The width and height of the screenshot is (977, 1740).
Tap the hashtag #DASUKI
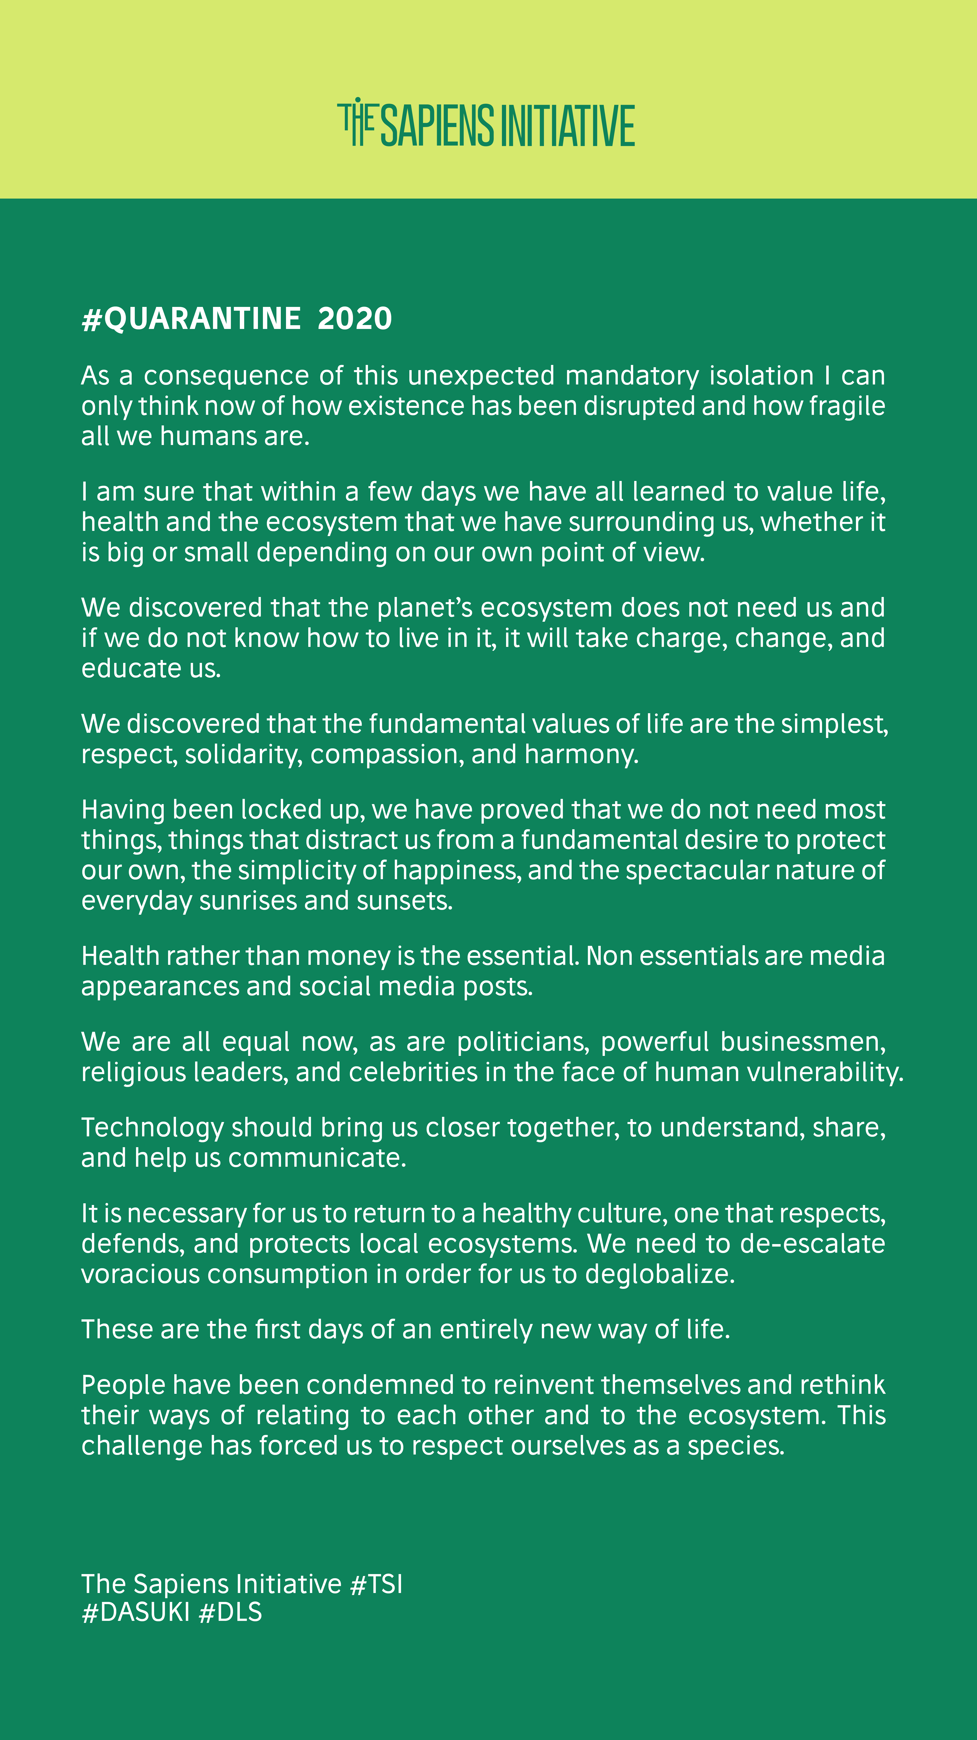[136, 1612]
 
